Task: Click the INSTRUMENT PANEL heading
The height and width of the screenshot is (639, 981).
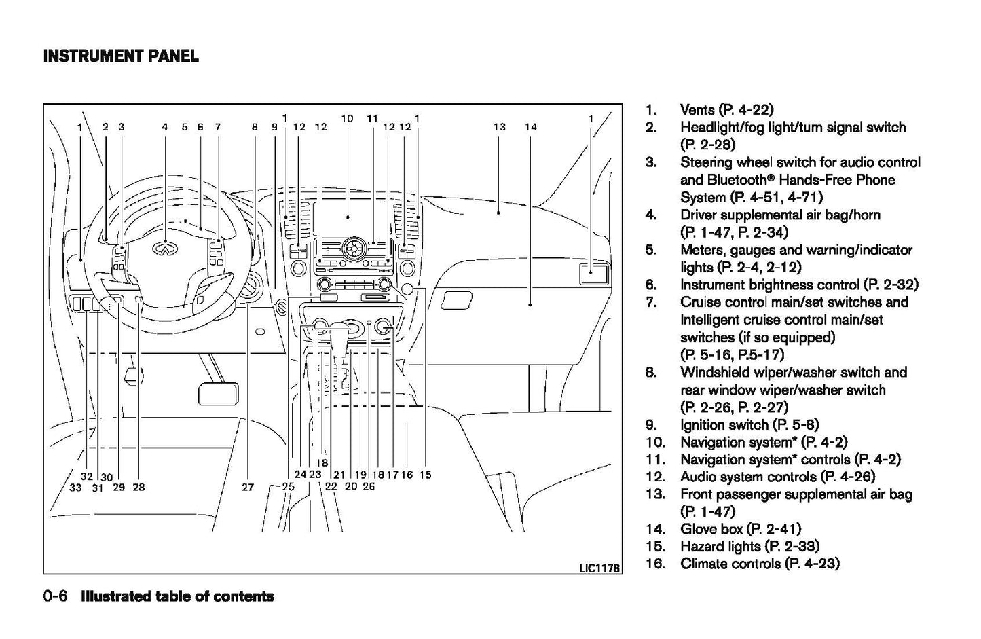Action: click(x=121, y=56)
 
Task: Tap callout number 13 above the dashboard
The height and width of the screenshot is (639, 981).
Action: click(x=500, y=126)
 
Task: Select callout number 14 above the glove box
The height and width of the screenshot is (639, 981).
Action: click(x=531, y=126)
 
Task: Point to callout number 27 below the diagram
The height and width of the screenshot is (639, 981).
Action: click(x=248, y=487)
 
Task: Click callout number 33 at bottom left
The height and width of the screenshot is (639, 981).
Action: click(x=75, y=487)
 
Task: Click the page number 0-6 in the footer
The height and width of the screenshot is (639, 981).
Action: click(x=55, y=596)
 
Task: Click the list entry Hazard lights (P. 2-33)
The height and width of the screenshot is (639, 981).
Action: click(x=749, y=546)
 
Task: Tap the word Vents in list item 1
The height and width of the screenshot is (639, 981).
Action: click(x=697, y=109)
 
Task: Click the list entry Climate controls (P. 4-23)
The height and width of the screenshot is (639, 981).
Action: click(x=760, y=564)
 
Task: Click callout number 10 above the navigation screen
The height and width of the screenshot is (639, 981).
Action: click(x=347, y=118)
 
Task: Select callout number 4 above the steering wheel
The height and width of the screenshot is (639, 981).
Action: click(x=164, y=126)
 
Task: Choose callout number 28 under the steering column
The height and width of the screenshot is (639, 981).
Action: click(x=138, y=487)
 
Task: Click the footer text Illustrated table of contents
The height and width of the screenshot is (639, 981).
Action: click(x=177, y=596)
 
